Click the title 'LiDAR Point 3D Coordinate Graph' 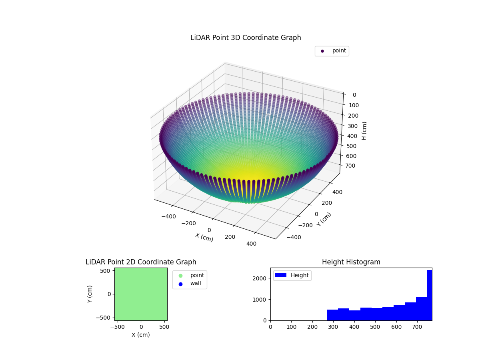click(246, 38)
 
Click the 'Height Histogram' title click(351, 262)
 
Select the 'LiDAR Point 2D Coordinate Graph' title click(141, 262)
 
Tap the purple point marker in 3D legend click(322, 51)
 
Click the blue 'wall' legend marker click(180, 284)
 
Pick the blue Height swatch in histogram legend click(281, 275)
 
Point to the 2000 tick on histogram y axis click(262, 278)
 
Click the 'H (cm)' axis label click(364, 130)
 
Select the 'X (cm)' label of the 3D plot click(204, 237)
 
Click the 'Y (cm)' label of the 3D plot click(324, 219)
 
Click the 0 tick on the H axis click(354, 95)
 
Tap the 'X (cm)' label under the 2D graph click(141, 335)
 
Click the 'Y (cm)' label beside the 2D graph click(90, 294)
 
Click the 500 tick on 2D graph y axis click(105, 271)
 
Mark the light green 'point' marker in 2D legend click(180, 276)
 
